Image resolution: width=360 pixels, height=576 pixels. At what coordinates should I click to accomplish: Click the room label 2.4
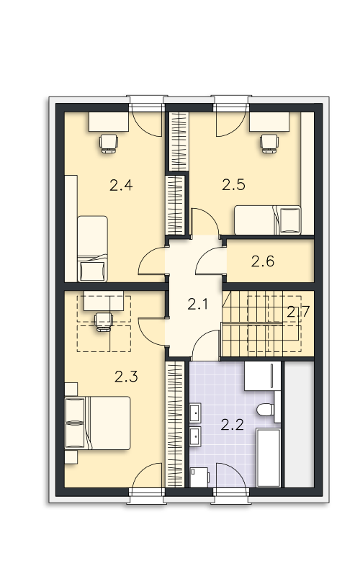click(x=121, y=185)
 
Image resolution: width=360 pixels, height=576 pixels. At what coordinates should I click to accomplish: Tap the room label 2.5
click(x=233, y=184)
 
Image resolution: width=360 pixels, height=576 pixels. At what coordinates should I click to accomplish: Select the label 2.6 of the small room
click(x=263, y=261)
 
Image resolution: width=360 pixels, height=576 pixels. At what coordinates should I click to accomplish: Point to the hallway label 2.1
click(x=197, y=304)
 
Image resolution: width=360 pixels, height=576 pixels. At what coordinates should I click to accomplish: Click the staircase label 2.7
click(x=298, y=312)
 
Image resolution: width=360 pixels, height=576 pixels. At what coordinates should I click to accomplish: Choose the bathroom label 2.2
click(x=233, y=425)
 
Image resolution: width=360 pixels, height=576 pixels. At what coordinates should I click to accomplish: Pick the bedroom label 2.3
click(x=126, y=377)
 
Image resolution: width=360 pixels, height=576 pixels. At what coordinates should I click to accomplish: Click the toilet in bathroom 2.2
click(x=265, y=410)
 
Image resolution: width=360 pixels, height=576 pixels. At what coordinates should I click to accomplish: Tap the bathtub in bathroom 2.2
click(x=269, y=458)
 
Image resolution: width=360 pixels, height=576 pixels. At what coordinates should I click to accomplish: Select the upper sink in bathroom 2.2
click(x=195, y=413)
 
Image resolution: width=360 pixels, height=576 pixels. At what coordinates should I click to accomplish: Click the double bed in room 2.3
click(x=98, y=423)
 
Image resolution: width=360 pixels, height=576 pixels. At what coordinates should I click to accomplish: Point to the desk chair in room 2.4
click(x=109, y=143)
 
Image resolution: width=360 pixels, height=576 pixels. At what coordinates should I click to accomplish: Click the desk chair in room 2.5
click(x=269, y=143)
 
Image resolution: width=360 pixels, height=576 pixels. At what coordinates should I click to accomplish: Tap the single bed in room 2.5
click(x=267, y=220)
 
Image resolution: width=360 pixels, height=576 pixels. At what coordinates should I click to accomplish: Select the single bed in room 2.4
click(x=92, y=248)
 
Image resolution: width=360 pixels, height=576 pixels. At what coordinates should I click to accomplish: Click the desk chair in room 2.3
click(x=104, y=322)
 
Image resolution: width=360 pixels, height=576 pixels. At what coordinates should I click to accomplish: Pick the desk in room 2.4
click(x=109, y=122)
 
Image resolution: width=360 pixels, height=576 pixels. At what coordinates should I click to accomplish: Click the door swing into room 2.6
click(x=211, y=261)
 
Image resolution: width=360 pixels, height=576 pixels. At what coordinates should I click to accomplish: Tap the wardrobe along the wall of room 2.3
click(x=175, y=425)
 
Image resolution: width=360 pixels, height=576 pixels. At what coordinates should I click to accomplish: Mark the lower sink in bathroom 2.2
click(x=195, y=437)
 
